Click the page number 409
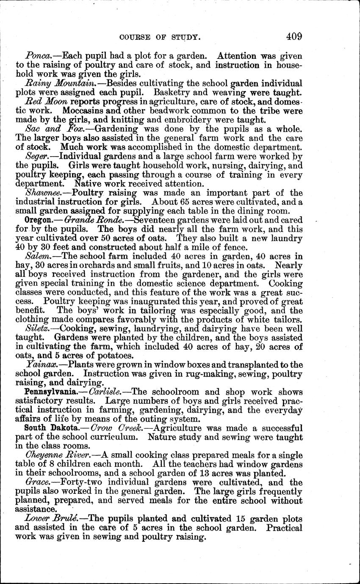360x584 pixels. pyautogui.click(x=294, y=36)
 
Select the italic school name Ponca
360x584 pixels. pyautogui.click(x=36, y=56)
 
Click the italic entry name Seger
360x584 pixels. pyautogui.click(x=36, y=156)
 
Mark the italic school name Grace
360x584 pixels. pyautogui.click(x=36, y=482)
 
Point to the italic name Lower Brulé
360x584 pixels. pyautogui.click(x=51, y=519)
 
